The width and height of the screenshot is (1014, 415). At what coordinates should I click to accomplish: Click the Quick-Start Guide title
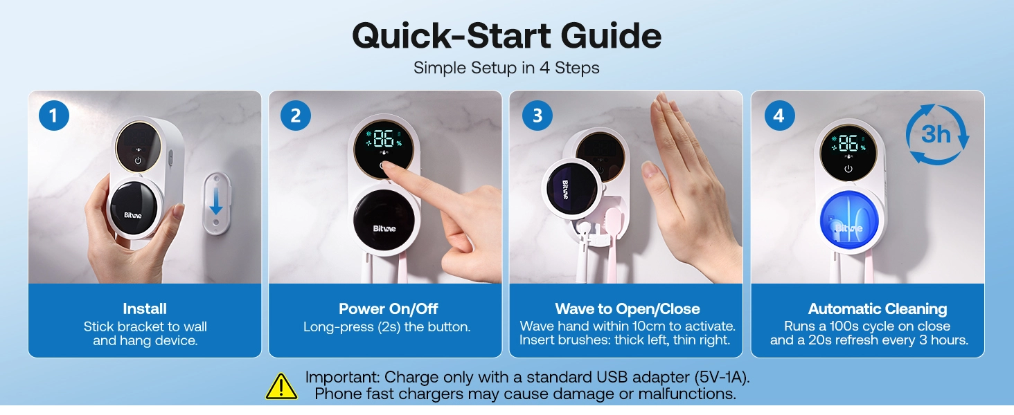point(506,36)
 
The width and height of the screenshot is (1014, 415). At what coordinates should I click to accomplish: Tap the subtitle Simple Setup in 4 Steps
point(506,68)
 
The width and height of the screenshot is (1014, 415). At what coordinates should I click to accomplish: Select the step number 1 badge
point(54,116)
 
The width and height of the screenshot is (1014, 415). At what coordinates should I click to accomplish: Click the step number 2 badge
point(296,116)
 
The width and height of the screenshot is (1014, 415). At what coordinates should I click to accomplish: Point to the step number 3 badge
point(537,116)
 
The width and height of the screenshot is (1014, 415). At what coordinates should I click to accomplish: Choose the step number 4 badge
point(779,116)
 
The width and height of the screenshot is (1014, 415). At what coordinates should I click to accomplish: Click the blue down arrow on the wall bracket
point(216,201)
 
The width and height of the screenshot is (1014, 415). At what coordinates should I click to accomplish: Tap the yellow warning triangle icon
point(282,386)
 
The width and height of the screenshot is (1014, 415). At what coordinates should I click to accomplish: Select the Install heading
point(145,308)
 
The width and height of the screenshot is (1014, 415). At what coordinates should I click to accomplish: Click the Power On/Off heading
point(388,308)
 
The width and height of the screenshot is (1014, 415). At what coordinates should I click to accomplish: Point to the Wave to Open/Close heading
point(628,308)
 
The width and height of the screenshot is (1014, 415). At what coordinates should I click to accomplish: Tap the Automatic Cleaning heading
point(878,308)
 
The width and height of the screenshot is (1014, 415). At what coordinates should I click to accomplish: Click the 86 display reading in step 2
point(384,139)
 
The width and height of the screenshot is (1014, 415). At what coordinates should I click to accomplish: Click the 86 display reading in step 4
point(848,144)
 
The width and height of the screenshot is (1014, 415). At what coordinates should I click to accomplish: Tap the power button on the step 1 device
point(138,160)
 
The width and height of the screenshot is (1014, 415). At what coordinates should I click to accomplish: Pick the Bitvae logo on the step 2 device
point(384,229)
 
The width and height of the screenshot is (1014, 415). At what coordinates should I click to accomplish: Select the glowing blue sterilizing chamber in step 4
point(849,220)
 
